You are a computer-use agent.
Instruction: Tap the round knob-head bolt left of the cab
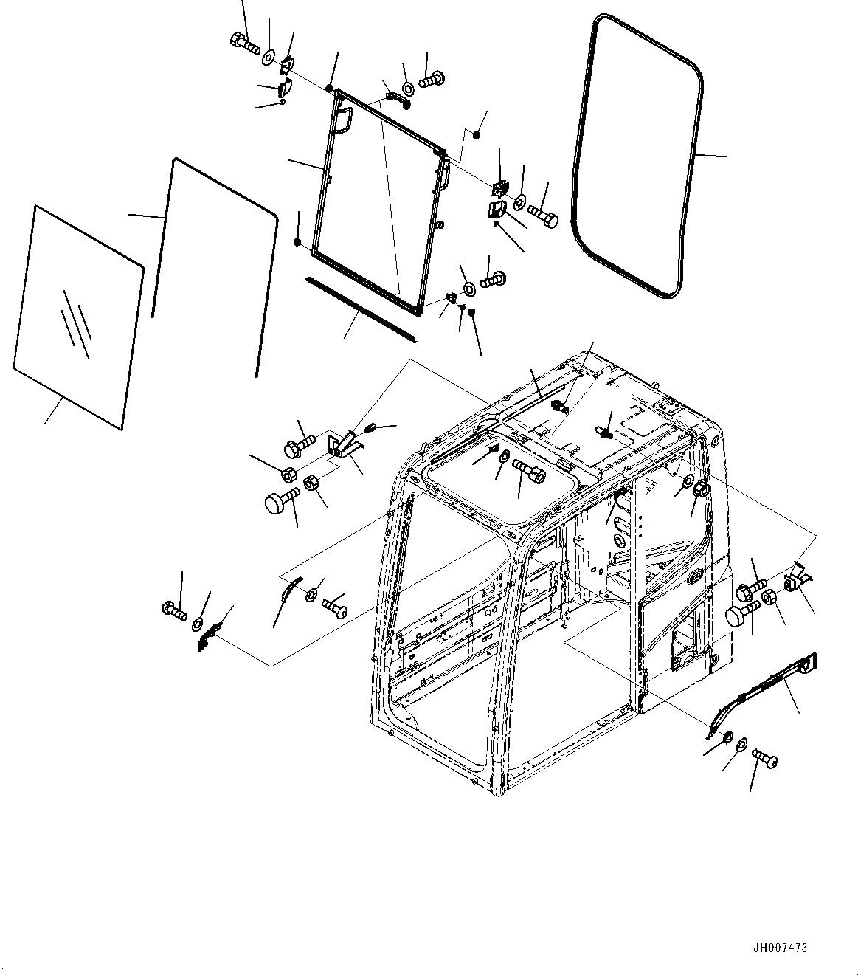279,504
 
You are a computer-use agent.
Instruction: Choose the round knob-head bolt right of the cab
740,615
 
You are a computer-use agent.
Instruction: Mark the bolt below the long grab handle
764,758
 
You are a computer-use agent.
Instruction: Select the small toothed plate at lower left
208,635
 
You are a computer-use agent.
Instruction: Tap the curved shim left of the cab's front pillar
290,589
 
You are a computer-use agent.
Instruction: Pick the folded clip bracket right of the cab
795,577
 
